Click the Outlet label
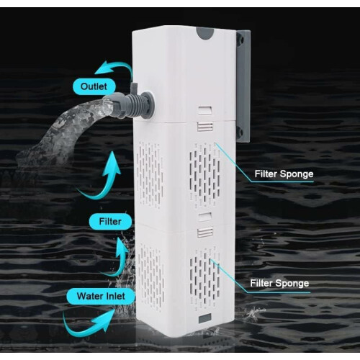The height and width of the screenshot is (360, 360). point(94,86)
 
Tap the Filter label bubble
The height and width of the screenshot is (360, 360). point(110,221)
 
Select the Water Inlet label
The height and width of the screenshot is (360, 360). point(101,296)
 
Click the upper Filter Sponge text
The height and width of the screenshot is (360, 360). point(284,174)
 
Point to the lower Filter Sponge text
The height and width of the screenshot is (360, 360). point(279,283)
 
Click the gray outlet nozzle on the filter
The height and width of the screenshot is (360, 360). point(133,106)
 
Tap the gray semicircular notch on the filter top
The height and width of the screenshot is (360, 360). point(205,33)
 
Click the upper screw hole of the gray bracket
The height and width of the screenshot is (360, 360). point(240,39)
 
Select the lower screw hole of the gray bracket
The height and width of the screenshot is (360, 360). point(240,131)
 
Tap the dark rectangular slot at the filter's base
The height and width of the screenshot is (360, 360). point(205,318)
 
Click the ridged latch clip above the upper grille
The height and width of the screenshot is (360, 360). point(205,127)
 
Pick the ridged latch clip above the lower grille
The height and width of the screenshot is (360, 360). point(205,233)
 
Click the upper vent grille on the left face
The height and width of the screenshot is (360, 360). point(150,175)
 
